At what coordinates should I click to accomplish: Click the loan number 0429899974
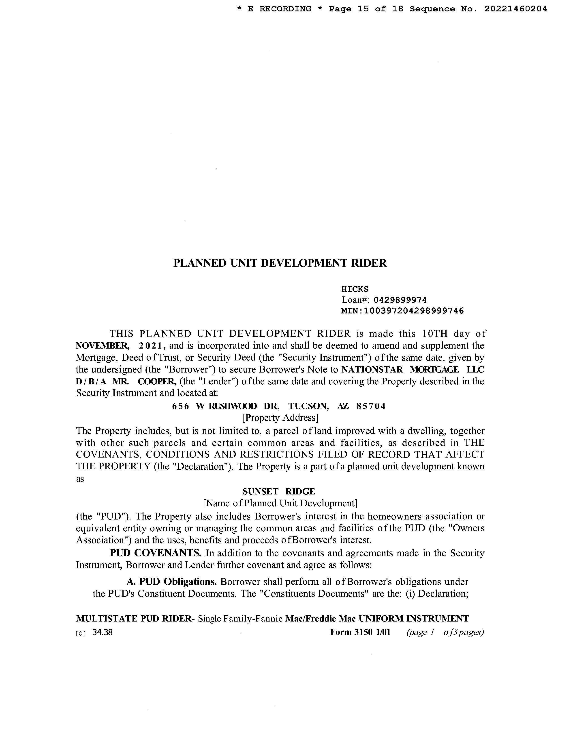[x=400, y=300]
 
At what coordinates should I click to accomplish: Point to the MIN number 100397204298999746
[x=413, y=311]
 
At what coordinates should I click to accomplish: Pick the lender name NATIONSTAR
[x=372, y=369]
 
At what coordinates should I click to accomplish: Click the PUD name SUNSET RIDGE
[x=279, y=491]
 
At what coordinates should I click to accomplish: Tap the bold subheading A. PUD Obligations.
[x=171, y=582]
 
